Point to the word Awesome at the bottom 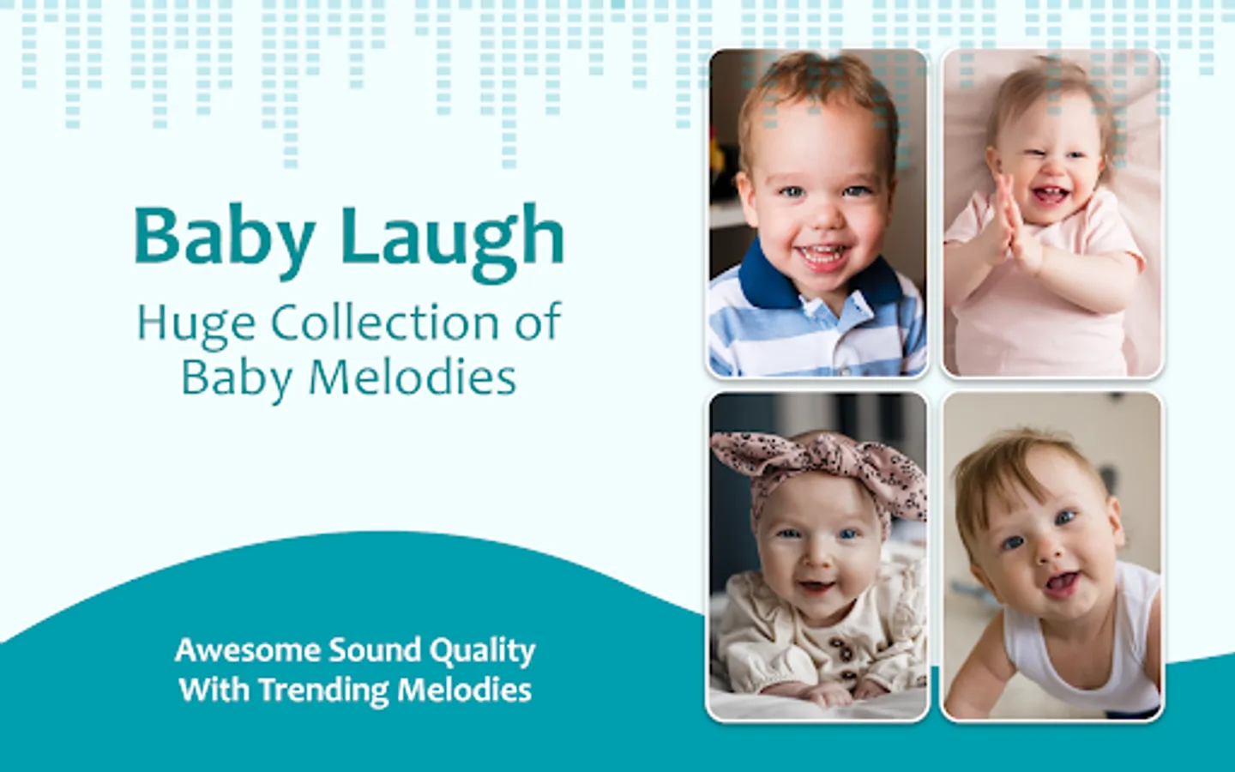(x=248, y=650)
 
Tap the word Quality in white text (x=483, y=652)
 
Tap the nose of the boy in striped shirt (x=821, y=218)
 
